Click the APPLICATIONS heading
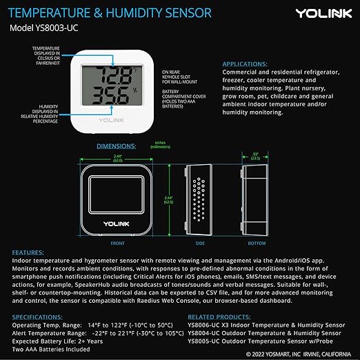click(251, 63)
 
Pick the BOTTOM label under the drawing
click(256, 243)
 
